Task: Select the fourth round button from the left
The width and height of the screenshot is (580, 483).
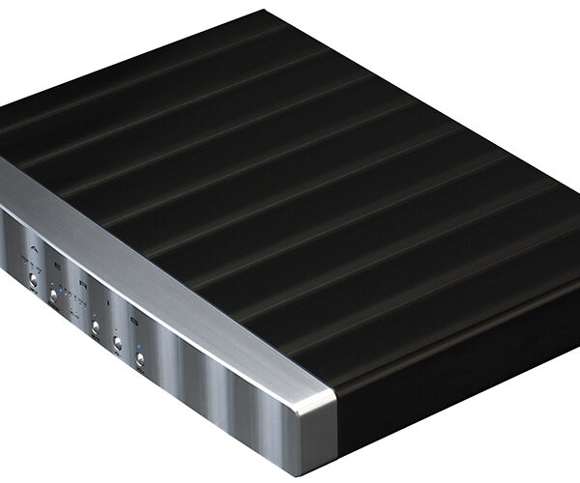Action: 118,342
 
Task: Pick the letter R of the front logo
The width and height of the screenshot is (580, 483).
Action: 83,283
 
